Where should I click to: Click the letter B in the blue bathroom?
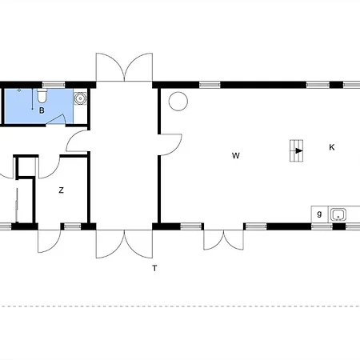pyautogui.click(x=42, y=110)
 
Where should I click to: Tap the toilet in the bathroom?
pyautogui.click(x=42, y=96)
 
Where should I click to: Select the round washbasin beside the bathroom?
pyautogui.click(x=80, y=98)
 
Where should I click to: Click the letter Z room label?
pyautogui.click(x=62, y=190)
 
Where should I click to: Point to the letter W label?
pyautogui.click(x=236, y=155)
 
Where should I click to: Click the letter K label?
pyautogui.click(x=332, y=147)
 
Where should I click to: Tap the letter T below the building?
pyautogui.click(x=154, y=268)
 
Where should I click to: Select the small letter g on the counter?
pyautogui.click(x=319, y=214)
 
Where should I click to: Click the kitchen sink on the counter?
pyautogui.click(x=338, y=214)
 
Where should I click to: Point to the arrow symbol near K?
pyautogui.click(x=298, y=151)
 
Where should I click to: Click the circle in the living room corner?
pyautogui.click(x=178, y=102)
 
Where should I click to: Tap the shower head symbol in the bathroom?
pyautogui.click(x=19, y=90)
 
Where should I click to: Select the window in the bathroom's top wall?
pyautogui.click(x=54, y=85)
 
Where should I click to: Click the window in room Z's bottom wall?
pyautogui.click(x=72, y=226)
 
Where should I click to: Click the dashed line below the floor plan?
pyautogui.click(x=180, y=306)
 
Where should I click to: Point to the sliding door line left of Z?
pyautogui.click(x=17, y=206)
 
